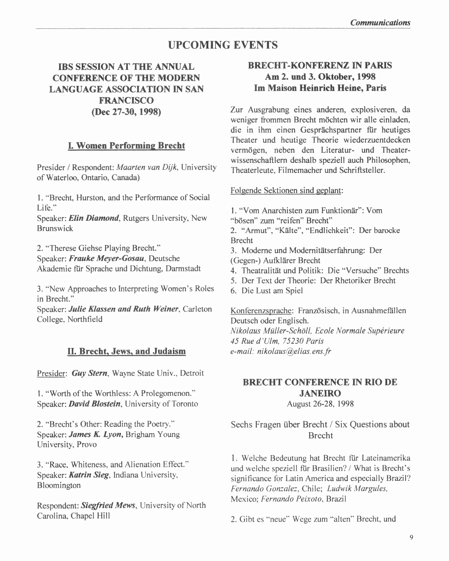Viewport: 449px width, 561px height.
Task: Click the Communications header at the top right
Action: pyautogui.click(x=380, y=23)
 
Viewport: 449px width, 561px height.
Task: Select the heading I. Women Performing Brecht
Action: pyautogui.click(x=127, y=145)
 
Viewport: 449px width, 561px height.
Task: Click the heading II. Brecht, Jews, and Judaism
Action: pyautogui.click(x=127, y=351)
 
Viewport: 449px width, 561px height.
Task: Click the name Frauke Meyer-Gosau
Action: pyautogui.click(x=106, y=258)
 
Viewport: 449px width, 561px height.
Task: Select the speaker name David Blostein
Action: pyautogui.click(x=94, y=404)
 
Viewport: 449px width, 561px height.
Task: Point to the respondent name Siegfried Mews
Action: pyautogui.click(x=108, y=505)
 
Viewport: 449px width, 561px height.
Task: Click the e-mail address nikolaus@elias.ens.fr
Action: pyautogui.click(x=294, y=351)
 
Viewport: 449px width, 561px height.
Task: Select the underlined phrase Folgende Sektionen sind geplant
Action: pyautogui.click(x=286, y=190)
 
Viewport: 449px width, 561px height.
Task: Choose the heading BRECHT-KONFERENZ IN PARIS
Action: pyautogui.click(x=320, y=65)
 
